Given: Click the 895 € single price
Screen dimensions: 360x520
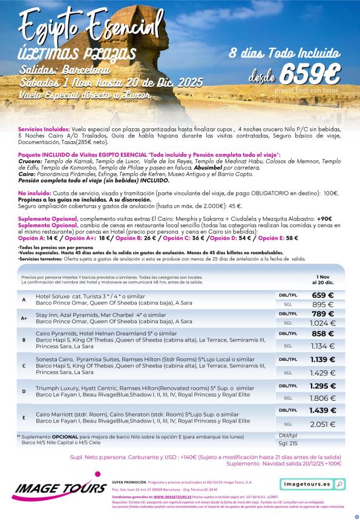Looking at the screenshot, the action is [323, 304].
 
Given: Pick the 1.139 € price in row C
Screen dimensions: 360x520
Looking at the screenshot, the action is [323, 360].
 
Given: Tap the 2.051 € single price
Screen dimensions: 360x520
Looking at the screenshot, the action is [323, 424].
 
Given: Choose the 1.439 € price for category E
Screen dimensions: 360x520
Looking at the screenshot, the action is [323, 410].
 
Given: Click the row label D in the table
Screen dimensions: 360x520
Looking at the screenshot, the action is [24, 390].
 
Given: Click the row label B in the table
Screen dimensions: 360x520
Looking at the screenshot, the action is [24, 340].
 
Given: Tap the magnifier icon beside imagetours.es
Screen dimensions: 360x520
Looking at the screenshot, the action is [339, 484].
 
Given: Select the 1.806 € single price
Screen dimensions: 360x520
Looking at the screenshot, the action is [323, 398].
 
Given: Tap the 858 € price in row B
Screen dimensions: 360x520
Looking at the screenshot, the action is [323, 334].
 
